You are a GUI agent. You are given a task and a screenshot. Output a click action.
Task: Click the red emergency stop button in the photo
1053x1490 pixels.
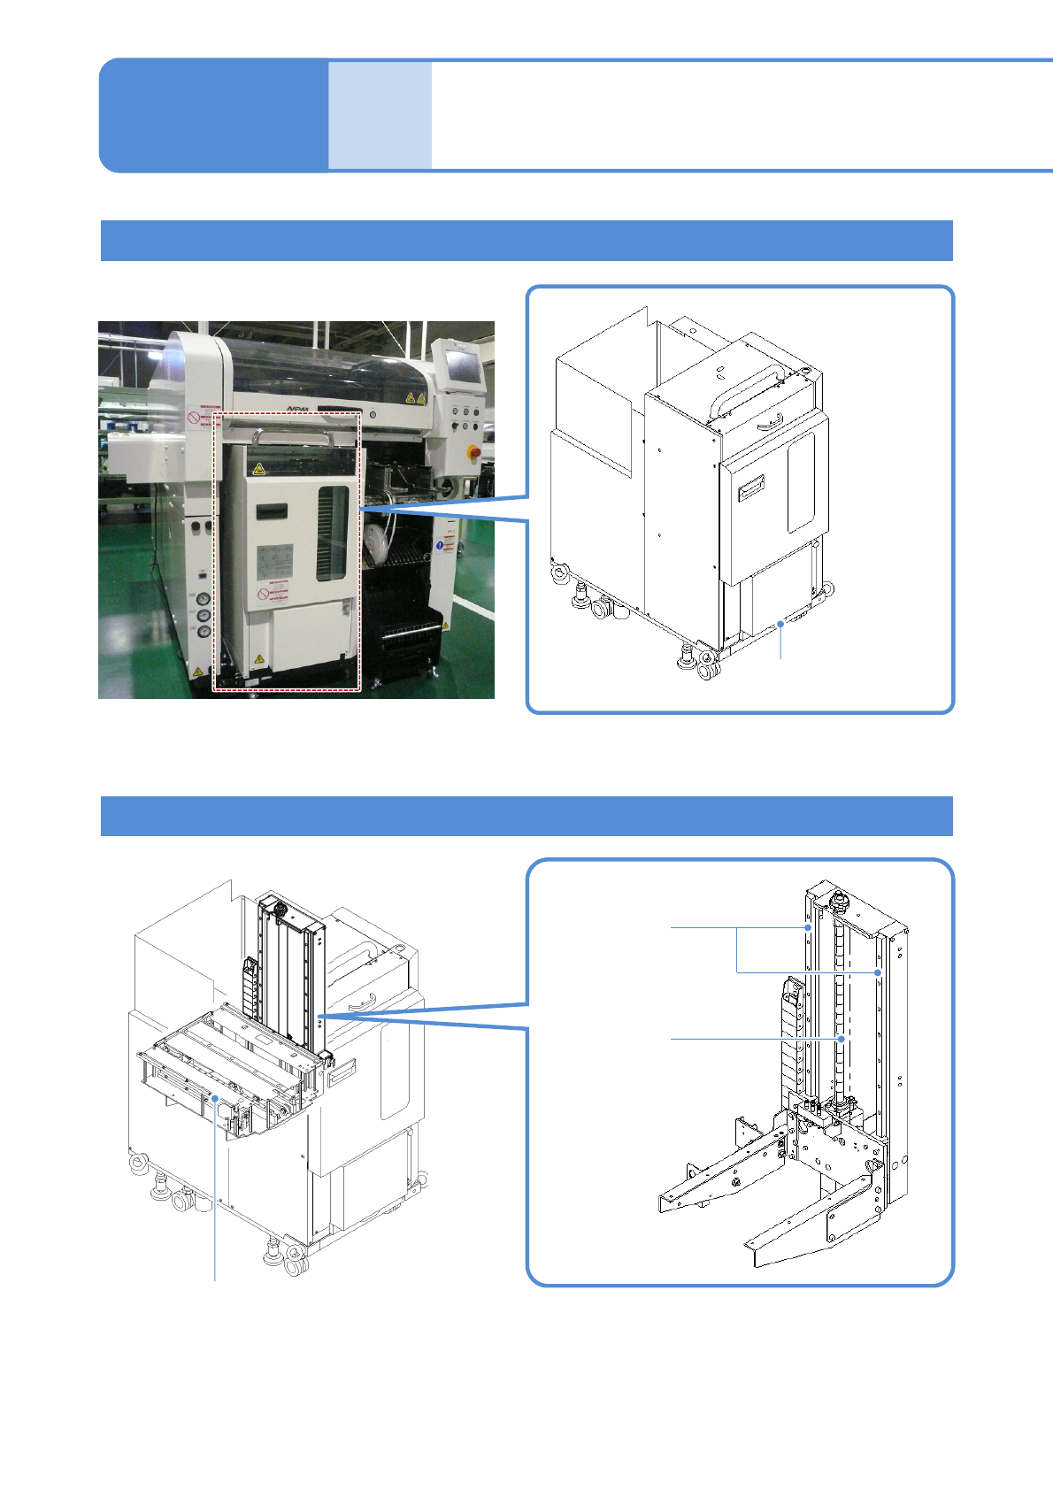coord(474,452)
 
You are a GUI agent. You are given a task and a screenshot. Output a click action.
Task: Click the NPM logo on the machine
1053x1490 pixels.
coord(300,409)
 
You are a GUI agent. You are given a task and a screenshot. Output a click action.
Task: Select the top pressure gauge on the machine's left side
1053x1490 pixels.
coord(204,598)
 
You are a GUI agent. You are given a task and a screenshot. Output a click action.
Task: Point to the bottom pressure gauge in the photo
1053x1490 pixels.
coord(204,632)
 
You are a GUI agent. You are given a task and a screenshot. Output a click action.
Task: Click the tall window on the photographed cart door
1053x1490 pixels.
coord(333,533)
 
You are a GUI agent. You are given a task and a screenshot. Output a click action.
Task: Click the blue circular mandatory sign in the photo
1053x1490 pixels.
coord(440,546)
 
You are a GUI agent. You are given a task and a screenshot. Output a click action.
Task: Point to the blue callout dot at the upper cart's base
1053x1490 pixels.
coord(780,624)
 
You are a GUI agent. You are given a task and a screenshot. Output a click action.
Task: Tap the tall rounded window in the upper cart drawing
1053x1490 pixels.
coord(801,482)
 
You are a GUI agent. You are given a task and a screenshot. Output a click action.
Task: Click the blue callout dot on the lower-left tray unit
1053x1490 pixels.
coord(215,1098)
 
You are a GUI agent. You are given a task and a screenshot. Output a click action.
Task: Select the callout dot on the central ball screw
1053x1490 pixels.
coord(842,1039)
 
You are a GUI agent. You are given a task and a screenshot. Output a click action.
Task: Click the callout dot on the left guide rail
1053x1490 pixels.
coord(809,927)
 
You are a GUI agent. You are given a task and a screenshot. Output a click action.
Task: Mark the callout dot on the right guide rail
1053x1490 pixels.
coord(878,972)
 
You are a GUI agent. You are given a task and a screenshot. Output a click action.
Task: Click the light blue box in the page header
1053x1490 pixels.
coord(380,115)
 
